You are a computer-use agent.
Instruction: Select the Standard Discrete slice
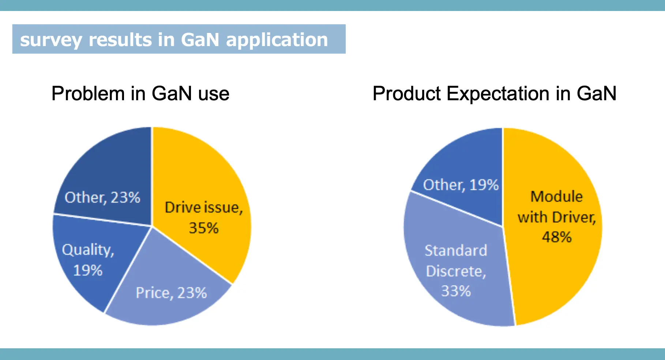(457, 227)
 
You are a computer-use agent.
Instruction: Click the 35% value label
(203, 228)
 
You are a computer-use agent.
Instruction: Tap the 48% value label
(556, 237)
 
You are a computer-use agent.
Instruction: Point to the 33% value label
(456, 291)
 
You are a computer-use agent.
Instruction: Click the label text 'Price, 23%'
(171, 293)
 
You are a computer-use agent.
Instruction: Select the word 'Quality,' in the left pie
(88, 250)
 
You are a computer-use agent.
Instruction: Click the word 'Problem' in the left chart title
(88, 94)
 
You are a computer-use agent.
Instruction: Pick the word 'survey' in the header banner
(50, 40)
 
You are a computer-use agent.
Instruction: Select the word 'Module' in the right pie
(556, 196)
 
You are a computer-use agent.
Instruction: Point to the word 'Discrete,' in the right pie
(456, 271)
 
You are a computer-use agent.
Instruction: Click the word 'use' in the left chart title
(214, 94)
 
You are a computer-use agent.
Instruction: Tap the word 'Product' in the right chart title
(406, 94)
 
